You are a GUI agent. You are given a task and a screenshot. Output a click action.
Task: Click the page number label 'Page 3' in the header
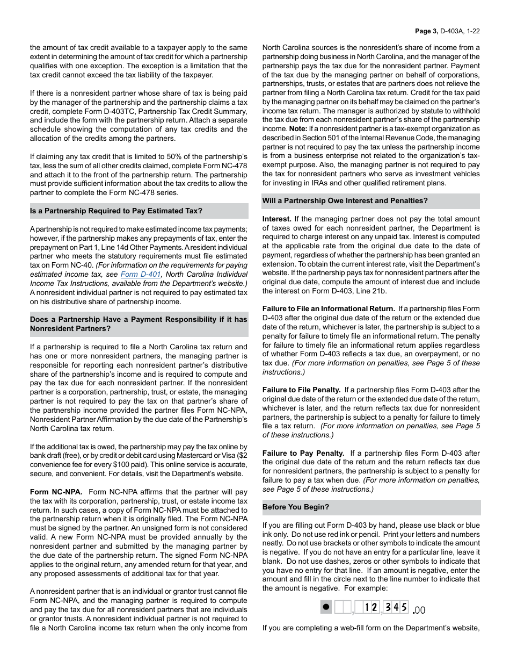pyautogui.click(x=427, y=31)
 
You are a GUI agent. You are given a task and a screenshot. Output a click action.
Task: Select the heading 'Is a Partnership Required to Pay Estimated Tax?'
pyautogui.click(x=116, y=211)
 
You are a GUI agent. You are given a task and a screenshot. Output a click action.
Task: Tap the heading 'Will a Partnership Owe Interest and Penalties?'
pyautogui.click(x=345, y=201)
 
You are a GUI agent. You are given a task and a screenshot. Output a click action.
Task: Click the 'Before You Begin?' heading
pyautogui.click(x=296, y=507)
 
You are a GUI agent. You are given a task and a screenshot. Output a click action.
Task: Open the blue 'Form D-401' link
pyautogui.click(x=141, y=274)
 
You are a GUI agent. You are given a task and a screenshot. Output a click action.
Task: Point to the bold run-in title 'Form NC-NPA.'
pyautogui.click(x=56, y=492)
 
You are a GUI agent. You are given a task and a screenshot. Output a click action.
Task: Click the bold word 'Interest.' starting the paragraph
pyautogui.click(x=277, y=219)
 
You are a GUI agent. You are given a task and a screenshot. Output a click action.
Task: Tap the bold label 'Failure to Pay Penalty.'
pyautogui.click(x=303, y=453)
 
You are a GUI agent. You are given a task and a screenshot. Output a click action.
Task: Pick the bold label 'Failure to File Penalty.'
pyautogui.click(x=301, y=390)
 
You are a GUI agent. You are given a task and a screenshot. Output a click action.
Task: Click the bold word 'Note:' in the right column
pyautogui.click(x=298, y=128)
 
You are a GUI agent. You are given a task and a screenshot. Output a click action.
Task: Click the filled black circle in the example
pyautogui.click(x=325, y=607)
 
